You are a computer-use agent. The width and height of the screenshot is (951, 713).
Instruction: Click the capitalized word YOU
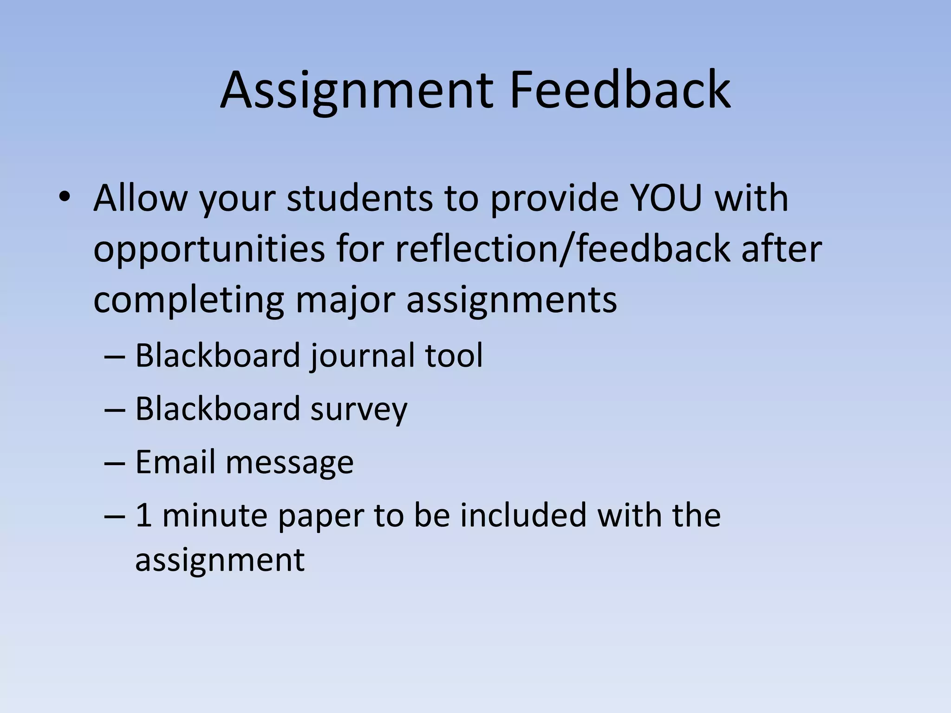665,199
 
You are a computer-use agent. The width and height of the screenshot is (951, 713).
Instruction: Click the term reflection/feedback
562,250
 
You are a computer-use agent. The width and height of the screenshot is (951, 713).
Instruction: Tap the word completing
189,301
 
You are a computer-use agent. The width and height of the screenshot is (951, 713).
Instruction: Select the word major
345,301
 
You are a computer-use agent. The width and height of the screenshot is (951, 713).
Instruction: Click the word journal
363,356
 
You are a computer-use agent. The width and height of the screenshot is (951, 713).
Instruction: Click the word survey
358,409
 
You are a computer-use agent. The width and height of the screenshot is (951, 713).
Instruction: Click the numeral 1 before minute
143,515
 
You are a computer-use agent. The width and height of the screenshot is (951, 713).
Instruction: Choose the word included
523,515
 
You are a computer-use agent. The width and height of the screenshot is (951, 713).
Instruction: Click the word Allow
139,199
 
